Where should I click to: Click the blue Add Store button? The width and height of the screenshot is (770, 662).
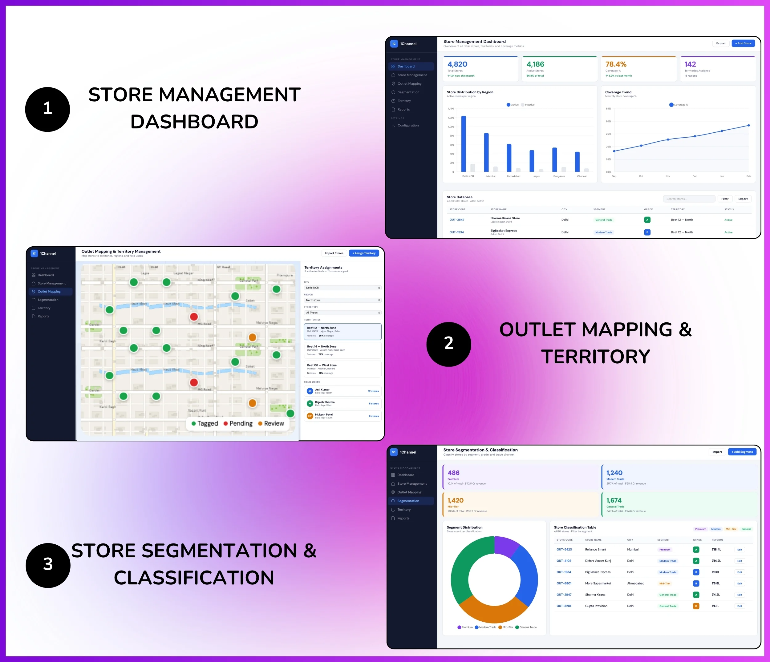coord(743,43)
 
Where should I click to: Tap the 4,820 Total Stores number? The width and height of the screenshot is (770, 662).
coord(457,64)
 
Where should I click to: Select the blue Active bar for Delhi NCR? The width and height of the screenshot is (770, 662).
coord(464,143)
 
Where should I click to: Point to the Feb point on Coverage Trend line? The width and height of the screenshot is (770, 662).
coord(748,126)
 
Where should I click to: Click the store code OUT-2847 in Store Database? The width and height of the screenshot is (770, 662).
coord(457,220)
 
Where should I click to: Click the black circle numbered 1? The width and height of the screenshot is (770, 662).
coord(47,109)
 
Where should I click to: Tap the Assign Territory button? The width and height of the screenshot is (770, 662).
coord(364,253)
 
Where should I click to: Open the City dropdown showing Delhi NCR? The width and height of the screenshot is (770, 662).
coord(342,288)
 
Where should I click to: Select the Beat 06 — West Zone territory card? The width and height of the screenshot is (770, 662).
coord(342,369)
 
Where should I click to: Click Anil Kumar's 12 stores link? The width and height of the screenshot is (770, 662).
coord(373,391)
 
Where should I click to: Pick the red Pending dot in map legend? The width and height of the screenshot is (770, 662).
coord(225,423)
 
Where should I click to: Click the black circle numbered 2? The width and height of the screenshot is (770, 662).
coord(448,344)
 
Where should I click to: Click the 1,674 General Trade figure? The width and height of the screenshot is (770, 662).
coord(614,500)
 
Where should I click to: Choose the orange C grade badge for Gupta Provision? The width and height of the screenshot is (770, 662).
coord(696,606)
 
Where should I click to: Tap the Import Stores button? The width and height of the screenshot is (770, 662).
coord(334,253)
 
